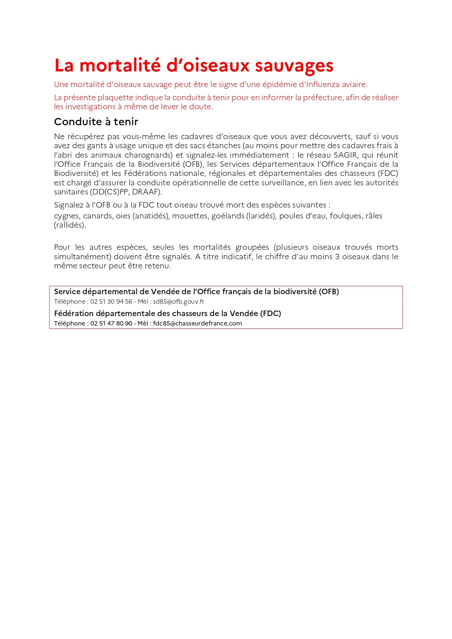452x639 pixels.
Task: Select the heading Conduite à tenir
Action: tap(96, 122)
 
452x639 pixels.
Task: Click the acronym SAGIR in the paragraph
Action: tap(346, 155)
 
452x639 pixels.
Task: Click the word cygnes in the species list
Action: tap(67, 216)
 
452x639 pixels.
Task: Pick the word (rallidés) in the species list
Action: tap(70, 225)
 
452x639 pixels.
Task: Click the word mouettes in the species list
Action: tap(190, 216)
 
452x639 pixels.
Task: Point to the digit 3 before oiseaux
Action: tap(337, 257)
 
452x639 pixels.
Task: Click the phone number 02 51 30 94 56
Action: tap(111, 301)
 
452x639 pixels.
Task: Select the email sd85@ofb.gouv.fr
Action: tap(179, 301)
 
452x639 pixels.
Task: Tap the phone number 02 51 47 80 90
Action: tap(111, 323)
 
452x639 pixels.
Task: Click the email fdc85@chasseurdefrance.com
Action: tap(197, 323)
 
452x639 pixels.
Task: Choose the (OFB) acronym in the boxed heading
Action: tap(329, 292)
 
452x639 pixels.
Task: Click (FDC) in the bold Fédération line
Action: tap(270, 313)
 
